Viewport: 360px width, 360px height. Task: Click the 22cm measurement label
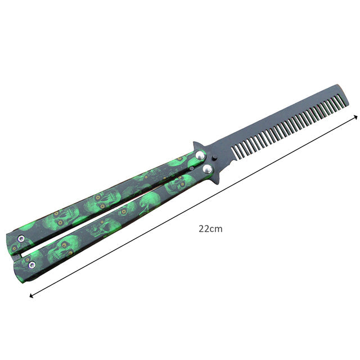pos(210,229)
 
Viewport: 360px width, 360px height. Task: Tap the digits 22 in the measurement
pos(204,229)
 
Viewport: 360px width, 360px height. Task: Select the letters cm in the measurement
pos(217,229)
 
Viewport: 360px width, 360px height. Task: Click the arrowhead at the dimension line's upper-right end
pos(355,116)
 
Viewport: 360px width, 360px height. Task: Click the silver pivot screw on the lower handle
pos(208,169)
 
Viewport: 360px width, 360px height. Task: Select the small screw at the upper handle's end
pos(20,240)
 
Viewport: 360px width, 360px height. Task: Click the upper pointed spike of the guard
pos(195,144)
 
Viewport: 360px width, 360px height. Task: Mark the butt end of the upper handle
pos(10,236)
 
